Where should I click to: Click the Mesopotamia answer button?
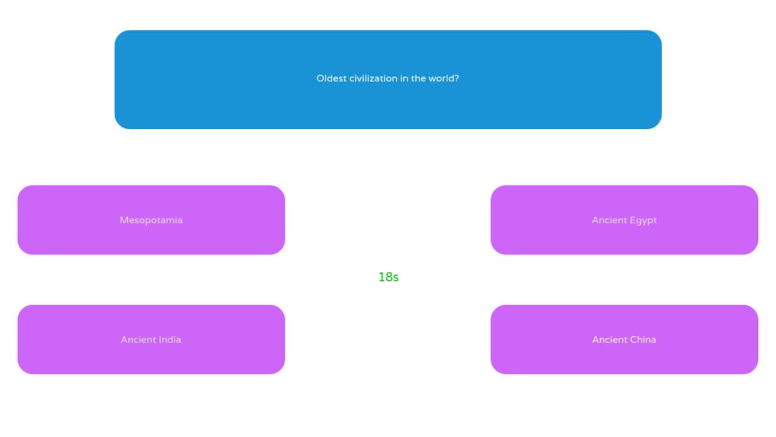(x=151, y=220)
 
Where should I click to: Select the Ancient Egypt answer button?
(x=624, y=220)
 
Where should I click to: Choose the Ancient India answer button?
(x=151, y=339)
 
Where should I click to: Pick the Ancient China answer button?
(x=624, y=339)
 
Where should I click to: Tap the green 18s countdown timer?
(x=389, y=277)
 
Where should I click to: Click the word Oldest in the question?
(x=331, y=78)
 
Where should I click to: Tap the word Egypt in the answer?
(x=643, y=220)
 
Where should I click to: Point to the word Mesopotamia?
(x=151, y=220)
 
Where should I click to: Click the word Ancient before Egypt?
(x=609, y=220)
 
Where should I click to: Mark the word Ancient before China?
(x=609, y=339)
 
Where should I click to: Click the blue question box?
(x=388, y=80)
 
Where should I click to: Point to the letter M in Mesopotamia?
(x=124, y=220)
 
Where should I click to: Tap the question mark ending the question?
(x=457, y=78)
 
